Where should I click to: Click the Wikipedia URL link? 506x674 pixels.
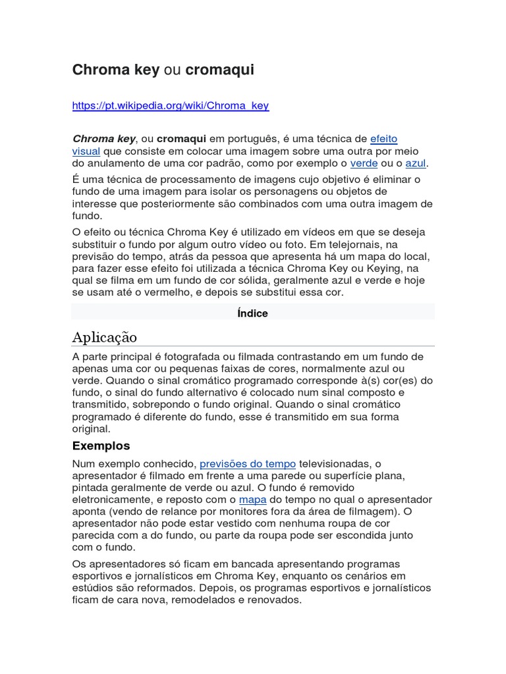coord(170,105)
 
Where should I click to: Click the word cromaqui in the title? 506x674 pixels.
coord(219,70)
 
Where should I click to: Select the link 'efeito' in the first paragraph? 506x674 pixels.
coord(383,139)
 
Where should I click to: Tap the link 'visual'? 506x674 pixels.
coord(86,151)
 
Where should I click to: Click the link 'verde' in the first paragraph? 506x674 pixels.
coord(364,163)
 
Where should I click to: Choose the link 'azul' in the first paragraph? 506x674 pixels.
coord(416,163)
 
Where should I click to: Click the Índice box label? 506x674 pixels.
coord(252,313)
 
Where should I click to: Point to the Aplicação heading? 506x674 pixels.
coord(105,338)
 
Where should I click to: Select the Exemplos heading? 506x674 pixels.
coord(101,446)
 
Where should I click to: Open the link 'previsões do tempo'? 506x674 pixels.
coord(247,464)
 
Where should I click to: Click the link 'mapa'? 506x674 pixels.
coord(252,500)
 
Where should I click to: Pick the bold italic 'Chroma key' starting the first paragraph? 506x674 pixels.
coord(103,139)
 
